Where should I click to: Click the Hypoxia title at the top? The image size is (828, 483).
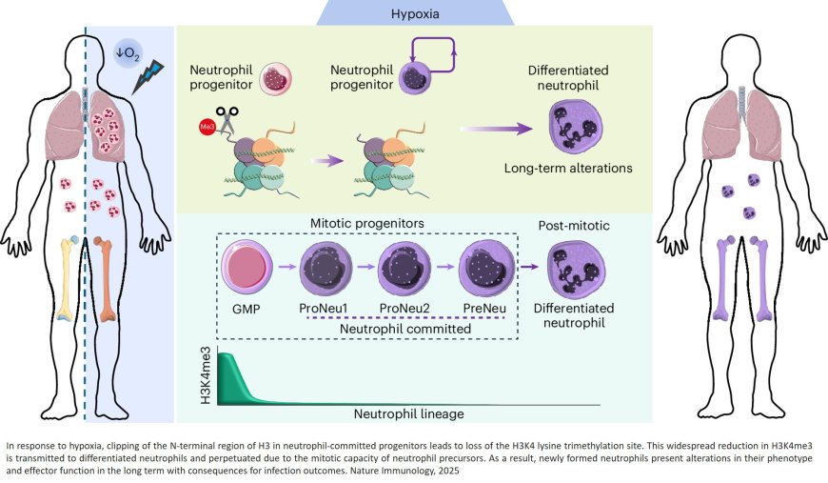coord(414,14)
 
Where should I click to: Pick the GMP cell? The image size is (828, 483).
coord(246,271)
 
